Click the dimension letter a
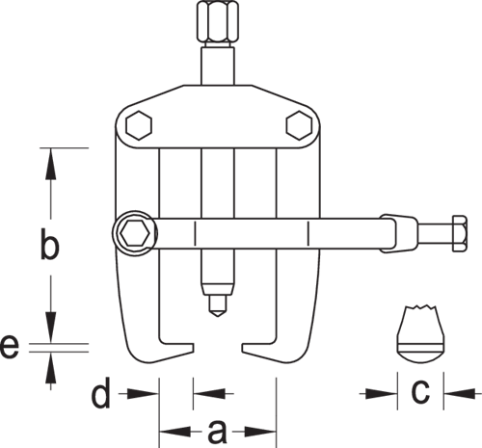[217, 433]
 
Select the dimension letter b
[50, 243]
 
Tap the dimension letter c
[420, 392]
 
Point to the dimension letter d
[101, 392]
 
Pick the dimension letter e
[10, 347]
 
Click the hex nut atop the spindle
[218, 21]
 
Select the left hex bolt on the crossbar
[139, 125]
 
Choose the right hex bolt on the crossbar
[299, 125]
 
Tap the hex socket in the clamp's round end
[135, 233]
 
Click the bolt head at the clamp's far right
[460, 233]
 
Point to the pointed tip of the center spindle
[218, 316]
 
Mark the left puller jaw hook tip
[193, 348]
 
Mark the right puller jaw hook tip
[243, 348]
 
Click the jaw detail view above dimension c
[421, 333]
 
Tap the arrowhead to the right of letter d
[209, 393]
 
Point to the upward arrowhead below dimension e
[50, 367]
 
